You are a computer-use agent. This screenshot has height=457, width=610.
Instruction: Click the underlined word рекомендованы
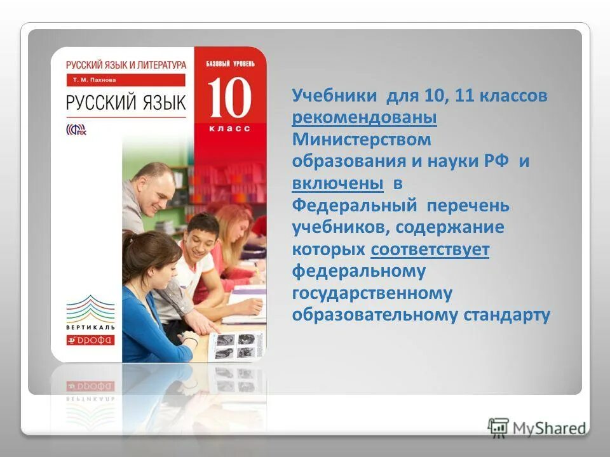(364, 119)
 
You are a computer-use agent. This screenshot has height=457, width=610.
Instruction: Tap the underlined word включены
(337, 184)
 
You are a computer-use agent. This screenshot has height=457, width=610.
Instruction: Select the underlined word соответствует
(430, 249)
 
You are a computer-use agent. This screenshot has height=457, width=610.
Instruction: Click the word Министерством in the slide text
(361, 140)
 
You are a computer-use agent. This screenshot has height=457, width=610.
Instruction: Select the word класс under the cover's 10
(229, 128)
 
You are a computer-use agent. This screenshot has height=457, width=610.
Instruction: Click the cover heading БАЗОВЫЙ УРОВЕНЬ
(230, 63)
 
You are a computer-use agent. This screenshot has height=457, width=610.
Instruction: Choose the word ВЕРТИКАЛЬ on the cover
(91, 328)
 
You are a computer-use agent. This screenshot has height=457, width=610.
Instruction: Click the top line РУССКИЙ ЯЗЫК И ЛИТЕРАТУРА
(126, 64)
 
